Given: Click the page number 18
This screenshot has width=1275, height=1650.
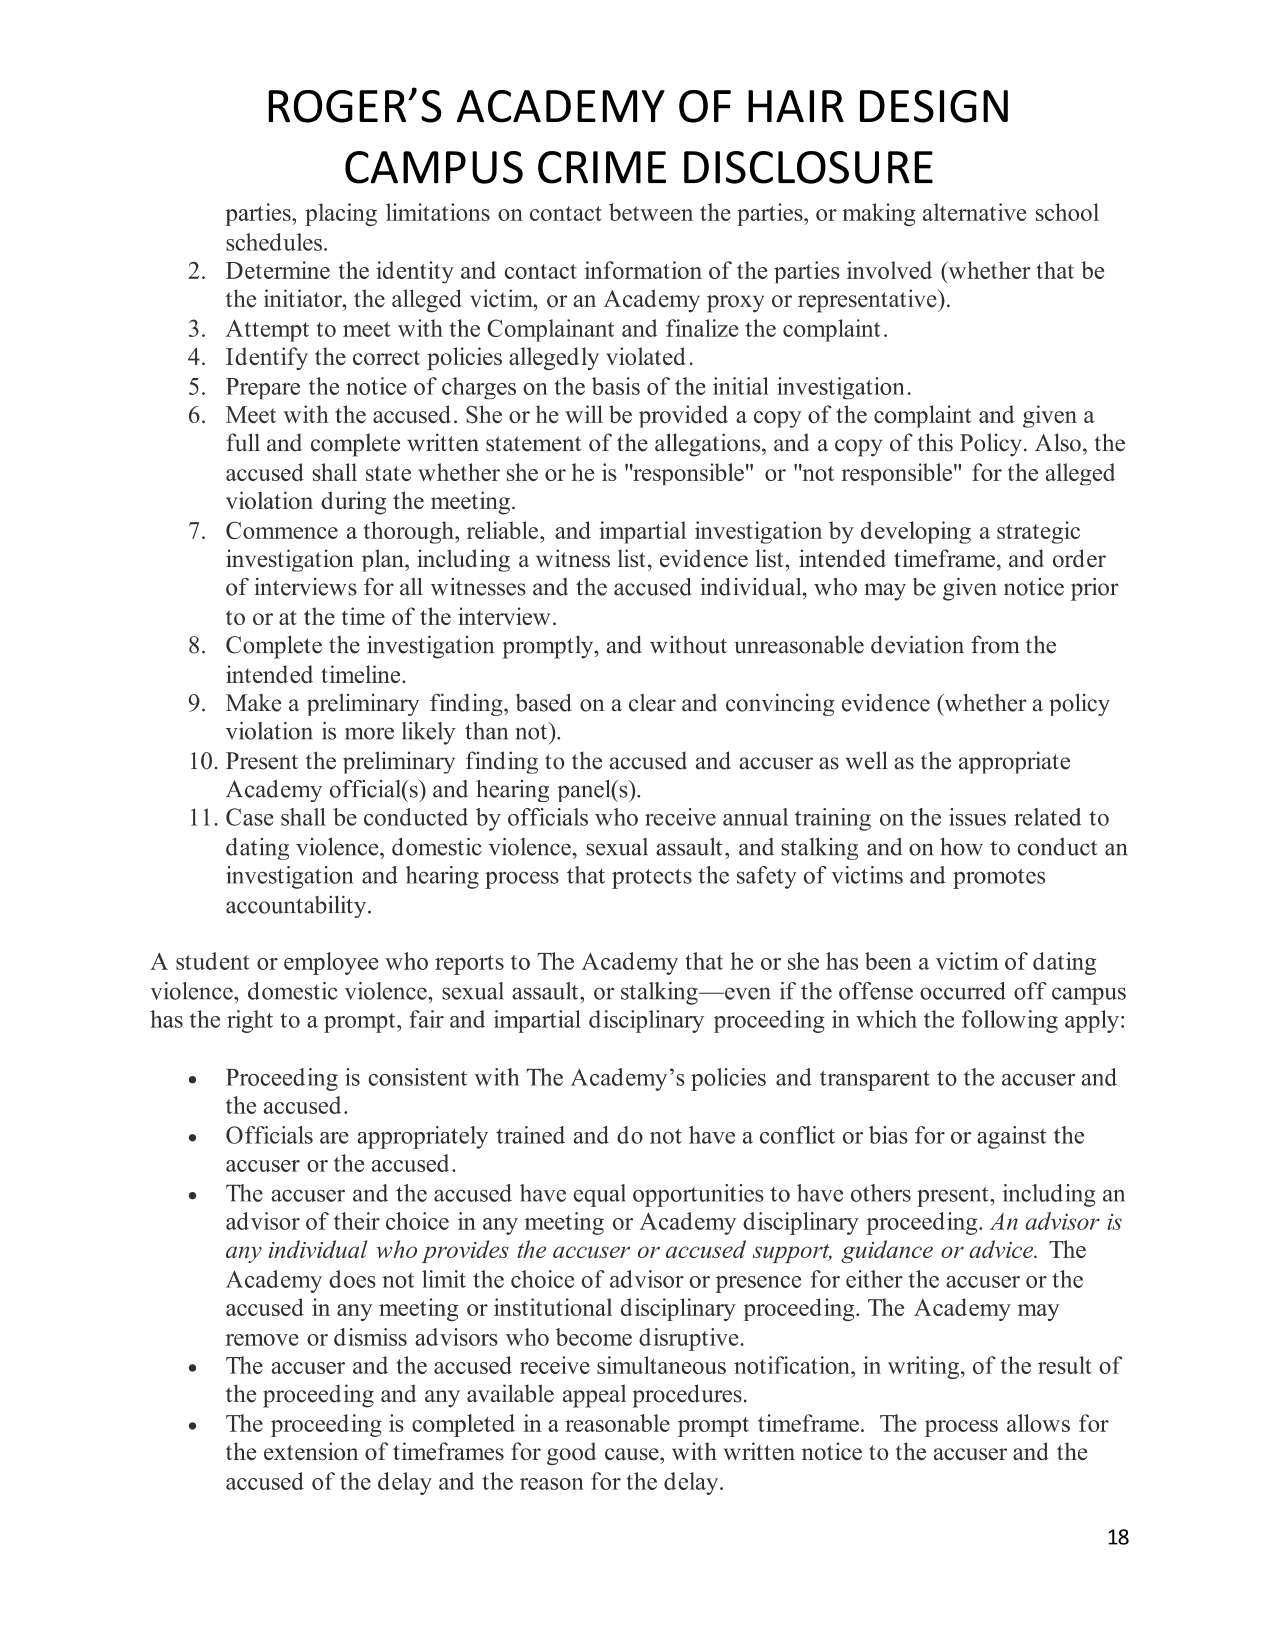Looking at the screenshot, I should coord(1118,1537).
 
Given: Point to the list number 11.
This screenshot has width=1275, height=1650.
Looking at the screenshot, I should coord(203,818).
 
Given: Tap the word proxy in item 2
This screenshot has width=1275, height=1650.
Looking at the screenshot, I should coord(746,300).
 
